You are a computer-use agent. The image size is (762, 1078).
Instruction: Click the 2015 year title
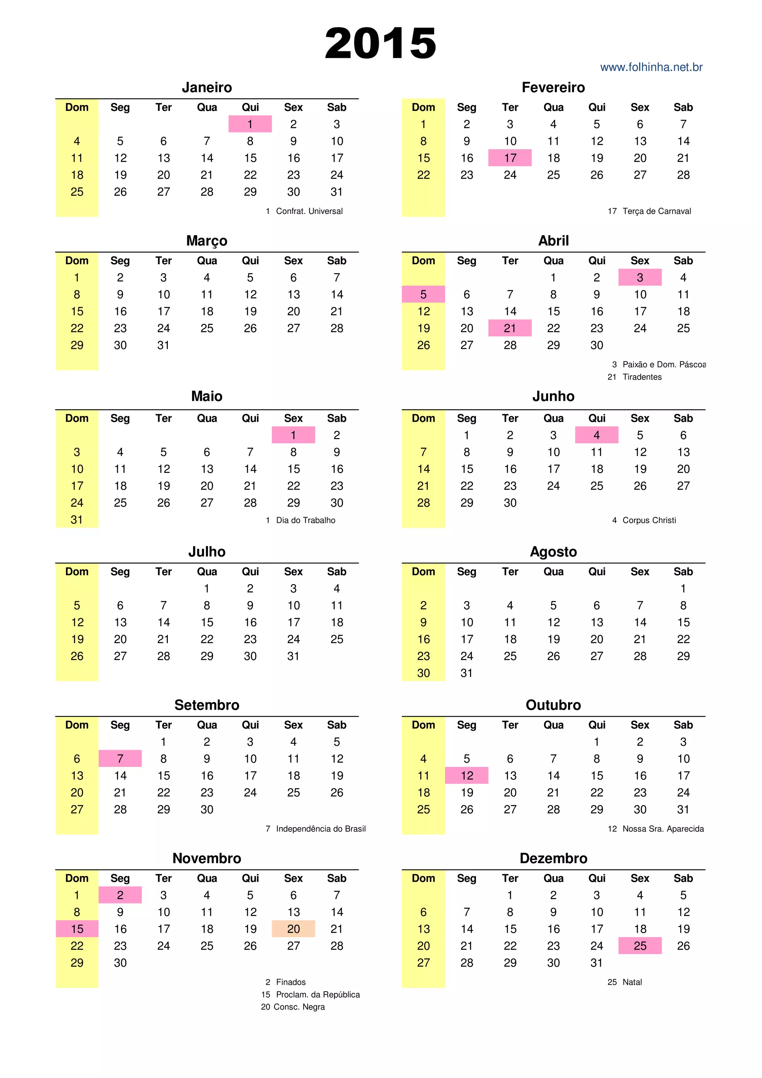(x=380, y=43)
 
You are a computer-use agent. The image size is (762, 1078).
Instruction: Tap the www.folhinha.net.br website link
(x=651, y=67)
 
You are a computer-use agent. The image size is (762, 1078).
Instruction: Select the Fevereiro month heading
(x=553, y=87)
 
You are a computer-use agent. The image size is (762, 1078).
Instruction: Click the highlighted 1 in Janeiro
(x=250, y=124)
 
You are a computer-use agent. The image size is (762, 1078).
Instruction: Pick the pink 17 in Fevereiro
(x=510, y=158)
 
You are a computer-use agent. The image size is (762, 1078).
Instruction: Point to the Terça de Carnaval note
(x=656, y=211)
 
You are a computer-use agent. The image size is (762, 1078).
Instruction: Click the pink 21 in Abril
(x=510, y=328)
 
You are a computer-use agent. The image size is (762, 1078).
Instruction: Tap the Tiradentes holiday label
(x=642, y=377)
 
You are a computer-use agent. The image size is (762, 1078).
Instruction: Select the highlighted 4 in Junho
(x=596, y=435)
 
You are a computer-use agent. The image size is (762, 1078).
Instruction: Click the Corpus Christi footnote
(x=649, y=520)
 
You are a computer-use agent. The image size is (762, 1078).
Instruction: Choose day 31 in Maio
(x=77, y=520)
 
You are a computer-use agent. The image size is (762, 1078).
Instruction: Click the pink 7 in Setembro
(x=120, y=759)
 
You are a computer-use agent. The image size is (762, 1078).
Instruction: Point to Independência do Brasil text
(x=321, y=829)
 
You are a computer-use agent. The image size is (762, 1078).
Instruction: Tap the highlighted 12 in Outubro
(x=467, y=775)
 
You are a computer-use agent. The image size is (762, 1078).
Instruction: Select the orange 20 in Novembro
(x=294, y=929)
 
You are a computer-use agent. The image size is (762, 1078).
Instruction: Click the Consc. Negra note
(x=299, y=1007)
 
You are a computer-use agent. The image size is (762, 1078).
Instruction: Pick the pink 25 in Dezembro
(x=640, y=946)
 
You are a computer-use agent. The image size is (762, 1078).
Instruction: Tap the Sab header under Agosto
(x=683, y=572)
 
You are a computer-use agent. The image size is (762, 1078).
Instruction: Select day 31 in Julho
(x=294, y=656)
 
